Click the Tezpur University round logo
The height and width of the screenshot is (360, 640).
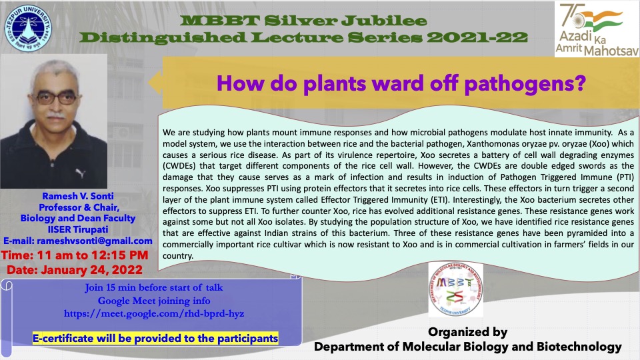click(28, 28)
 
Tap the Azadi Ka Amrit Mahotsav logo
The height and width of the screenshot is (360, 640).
click(597, 29)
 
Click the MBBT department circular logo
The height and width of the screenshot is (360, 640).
click(455, 289)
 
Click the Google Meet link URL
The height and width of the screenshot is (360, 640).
click(154, 313)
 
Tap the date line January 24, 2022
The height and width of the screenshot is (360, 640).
click(74, 270)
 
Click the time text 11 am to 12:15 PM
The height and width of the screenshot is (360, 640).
click(74, 255)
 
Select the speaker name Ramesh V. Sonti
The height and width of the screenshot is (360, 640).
click(78, 196)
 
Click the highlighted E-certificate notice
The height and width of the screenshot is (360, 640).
click(155, 339)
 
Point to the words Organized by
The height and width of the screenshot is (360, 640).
click(468, 332)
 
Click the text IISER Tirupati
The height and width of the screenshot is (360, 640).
click(78, 229)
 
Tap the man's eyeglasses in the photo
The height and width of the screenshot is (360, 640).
click(56, 98)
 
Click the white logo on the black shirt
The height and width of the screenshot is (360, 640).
click(81, 173)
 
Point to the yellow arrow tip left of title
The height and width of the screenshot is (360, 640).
click(149, 83)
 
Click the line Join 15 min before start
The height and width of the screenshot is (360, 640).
click(154, 287)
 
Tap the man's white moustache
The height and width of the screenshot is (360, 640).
click(56, 116)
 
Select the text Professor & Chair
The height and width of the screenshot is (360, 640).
click(79, 207)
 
